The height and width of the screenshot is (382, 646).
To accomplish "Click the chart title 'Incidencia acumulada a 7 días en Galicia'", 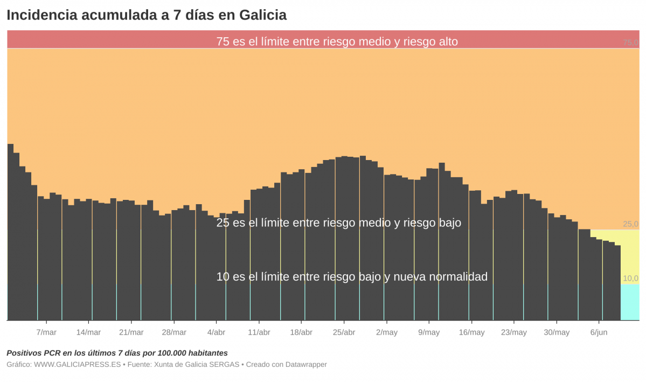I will (147, 15).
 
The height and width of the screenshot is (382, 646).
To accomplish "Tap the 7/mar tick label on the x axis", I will (46, 332).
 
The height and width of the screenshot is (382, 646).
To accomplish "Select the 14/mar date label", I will (88, 332).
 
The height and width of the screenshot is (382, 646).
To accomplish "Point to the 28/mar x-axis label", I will (174, 332).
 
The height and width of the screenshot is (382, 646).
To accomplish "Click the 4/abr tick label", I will (217, 332).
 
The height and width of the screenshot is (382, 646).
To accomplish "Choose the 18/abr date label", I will (301, 332).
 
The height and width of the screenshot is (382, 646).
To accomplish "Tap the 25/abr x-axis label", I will (344, 332).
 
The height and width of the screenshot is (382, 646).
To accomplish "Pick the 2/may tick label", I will (387, 332).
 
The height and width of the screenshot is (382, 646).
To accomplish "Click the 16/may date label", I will (471, 332).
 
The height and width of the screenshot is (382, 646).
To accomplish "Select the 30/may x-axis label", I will (557, 332).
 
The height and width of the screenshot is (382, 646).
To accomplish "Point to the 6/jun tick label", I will (599, 332).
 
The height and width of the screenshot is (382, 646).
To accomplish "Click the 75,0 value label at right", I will (630, 43).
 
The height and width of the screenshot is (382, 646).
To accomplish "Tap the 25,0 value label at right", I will (630, 224).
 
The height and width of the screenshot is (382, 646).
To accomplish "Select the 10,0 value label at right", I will (630, 279).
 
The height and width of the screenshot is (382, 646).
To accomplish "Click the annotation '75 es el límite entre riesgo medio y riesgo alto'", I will (337, 41).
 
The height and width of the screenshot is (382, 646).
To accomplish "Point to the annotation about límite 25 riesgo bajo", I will (338, 223).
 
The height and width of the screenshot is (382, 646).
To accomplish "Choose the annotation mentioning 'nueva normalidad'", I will (352, 277).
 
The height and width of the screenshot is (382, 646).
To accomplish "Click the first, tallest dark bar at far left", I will (10, 232).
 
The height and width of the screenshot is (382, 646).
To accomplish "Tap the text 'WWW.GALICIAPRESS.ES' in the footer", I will (78, 365).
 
